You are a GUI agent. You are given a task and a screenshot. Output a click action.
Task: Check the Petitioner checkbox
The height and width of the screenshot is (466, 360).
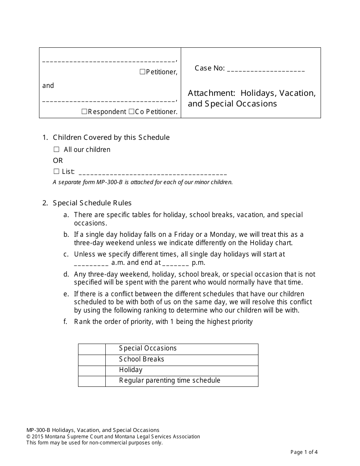coord(142,72)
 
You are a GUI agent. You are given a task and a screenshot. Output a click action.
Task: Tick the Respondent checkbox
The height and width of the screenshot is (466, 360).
coord(85,111)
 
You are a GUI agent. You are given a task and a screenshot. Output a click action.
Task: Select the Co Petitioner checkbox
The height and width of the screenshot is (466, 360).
coord(131,111)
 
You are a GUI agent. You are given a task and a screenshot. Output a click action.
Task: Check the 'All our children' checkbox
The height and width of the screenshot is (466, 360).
coord(56,149)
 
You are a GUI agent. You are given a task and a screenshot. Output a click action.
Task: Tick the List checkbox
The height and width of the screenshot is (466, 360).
coord(56,171)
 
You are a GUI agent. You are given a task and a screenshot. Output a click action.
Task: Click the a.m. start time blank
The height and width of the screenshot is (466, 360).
coord(91,263)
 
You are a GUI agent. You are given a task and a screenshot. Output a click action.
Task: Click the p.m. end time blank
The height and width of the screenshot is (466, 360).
coord(175,263)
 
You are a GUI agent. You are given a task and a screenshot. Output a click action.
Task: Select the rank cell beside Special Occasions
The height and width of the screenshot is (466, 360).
coord(92,349)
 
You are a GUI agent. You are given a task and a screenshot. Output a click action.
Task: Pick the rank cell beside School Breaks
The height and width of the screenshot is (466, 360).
coord(92,360)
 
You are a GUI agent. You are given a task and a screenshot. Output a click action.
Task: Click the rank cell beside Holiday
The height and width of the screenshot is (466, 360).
coord(92,371)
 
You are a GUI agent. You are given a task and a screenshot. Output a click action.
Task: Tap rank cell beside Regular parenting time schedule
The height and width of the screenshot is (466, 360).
coord(92,381)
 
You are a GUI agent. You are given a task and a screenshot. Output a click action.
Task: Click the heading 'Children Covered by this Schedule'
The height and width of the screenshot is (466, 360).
coord(111,137)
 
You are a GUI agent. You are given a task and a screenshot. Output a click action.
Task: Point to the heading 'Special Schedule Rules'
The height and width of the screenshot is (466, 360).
coord(92,203)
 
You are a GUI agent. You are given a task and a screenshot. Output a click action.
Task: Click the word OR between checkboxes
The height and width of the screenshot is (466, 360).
coord(58,160)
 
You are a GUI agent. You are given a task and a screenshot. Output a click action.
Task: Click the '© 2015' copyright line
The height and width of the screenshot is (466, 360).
coord(113,436)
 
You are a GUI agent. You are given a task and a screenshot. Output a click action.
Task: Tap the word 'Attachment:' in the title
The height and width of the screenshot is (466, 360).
coord(212,93)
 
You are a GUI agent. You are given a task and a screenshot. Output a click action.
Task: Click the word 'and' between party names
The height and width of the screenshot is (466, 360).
coord(48,86)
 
